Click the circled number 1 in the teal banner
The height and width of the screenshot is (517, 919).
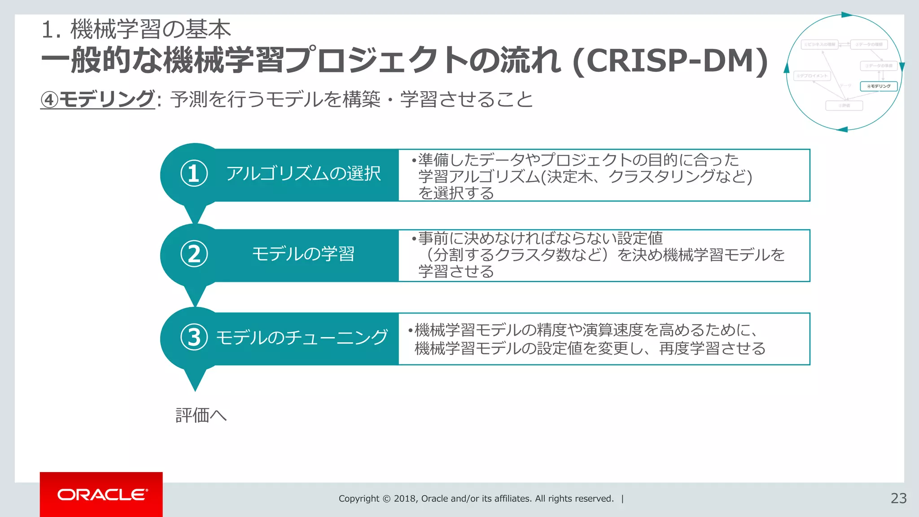click(194, 174)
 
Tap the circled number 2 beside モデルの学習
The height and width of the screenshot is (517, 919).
click(194, 254)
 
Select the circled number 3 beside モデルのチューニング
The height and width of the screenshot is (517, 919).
click(194, 337)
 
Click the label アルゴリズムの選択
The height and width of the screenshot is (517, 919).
click(303, 174)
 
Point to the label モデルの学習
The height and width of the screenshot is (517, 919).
click(303, 254)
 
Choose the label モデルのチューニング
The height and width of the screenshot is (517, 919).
click(302, 337)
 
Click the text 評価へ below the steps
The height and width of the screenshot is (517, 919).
click(201, 415)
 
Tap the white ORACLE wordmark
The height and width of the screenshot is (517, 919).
click(102, 495)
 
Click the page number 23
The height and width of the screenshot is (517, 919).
click(898, 498)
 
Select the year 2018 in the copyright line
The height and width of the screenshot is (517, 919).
click(405, 499)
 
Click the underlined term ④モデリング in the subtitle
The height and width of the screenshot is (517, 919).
click(97, 99)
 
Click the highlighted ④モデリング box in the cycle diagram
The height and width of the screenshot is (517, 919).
click(879, 86)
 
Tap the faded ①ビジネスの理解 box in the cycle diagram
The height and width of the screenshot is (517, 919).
click(819, 44)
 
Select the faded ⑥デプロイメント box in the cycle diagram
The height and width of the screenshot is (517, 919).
click(812, 76)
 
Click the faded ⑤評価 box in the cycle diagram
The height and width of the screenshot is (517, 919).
click(844, 105)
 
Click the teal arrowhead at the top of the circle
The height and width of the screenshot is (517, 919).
click(846, 15)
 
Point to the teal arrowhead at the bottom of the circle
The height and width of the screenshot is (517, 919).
click(842, 130)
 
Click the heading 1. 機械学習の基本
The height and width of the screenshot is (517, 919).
click(136, 30)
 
